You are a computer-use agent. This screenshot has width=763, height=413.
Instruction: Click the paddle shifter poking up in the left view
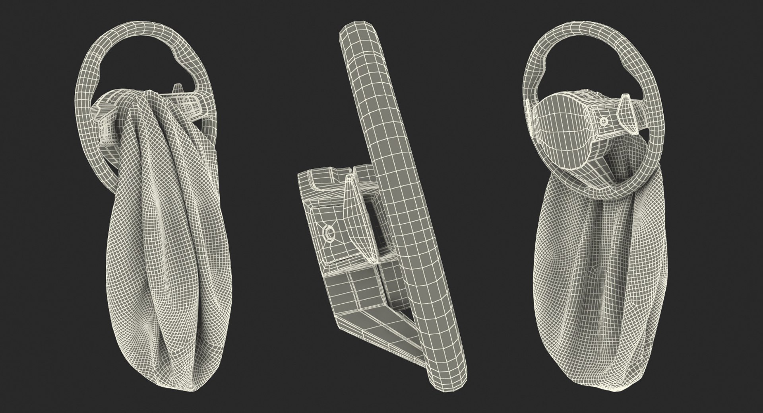pyautogui.click(x=177, y=88)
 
